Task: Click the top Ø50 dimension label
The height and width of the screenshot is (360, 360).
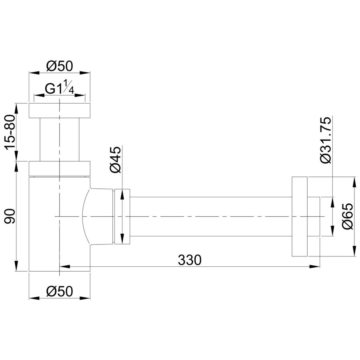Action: (60, 66)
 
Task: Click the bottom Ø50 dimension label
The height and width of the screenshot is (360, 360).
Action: (60, 291)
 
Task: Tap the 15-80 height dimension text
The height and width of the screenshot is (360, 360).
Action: (10, 132)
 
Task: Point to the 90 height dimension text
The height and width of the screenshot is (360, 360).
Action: (10, 216)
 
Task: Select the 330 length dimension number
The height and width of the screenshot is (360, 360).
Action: (190, 260)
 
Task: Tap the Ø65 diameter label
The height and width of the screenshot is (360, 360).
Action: (347, 216)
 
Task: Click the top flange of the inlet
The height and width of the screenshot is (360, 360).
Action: (60, 111)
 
